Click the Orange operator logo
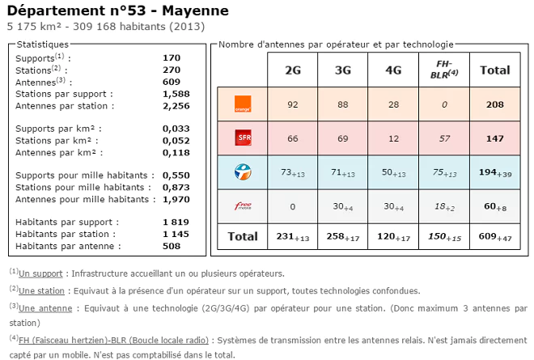coord(242,104)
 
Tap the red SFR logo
coord(242,138)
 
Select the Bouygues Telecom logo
coord(242,172)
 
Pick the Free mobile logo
coord(242,207)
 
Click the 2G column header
coord(292,70)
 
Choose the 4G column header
coord(393,70)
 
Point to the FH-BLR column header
coord(443,70)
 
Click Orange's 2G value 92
coord(292,104)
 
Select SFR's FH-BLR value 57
coord(443,138)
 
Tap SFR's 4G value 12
coord(393,138)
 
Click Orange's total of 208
coord(494,104)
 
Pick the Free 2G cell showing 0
coord(292,207)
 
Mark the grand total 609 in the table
coord(489,236)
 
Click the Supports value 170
coord(171,58)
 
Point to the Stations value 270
coord(171,70)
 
